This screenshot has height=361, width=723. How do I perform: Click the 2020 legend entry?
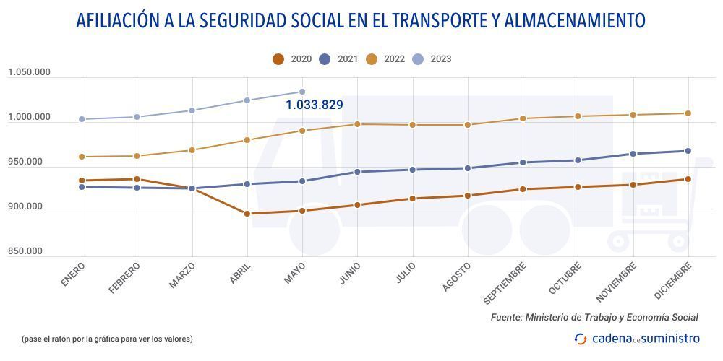coord(292,59)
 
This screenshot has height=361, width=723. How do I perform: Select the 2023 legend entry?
coord(432,59)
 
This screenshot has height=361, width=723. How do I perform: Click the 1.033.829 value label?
coord(314,105)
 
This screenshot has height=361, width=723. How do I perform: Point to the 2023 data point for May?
coord(302,92)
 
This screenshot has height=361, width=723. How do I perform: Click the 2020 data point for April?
coord(247,214)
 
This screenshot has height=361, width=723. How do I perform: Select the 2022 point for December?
coord(688,113)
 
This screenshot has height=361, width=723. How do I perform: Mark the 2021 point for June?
coord(357,172)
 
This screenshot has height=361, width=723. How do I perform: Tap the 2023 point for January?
coord(82,119)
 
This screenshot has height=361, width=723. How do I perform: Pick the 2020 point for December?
coord(688,179)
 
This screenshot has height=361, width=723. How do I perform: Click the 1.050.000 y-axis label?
coord(29,72)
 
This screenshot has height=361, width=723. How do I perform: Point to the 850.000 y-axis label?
coord(25,251)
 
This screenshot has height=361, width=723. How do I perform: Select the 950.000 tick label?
coord(25,162)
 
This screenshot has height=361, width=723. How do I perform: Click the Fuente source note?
coord(594,317)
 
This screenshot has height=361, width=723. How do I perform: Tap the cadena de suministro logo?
coord(637,338)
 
